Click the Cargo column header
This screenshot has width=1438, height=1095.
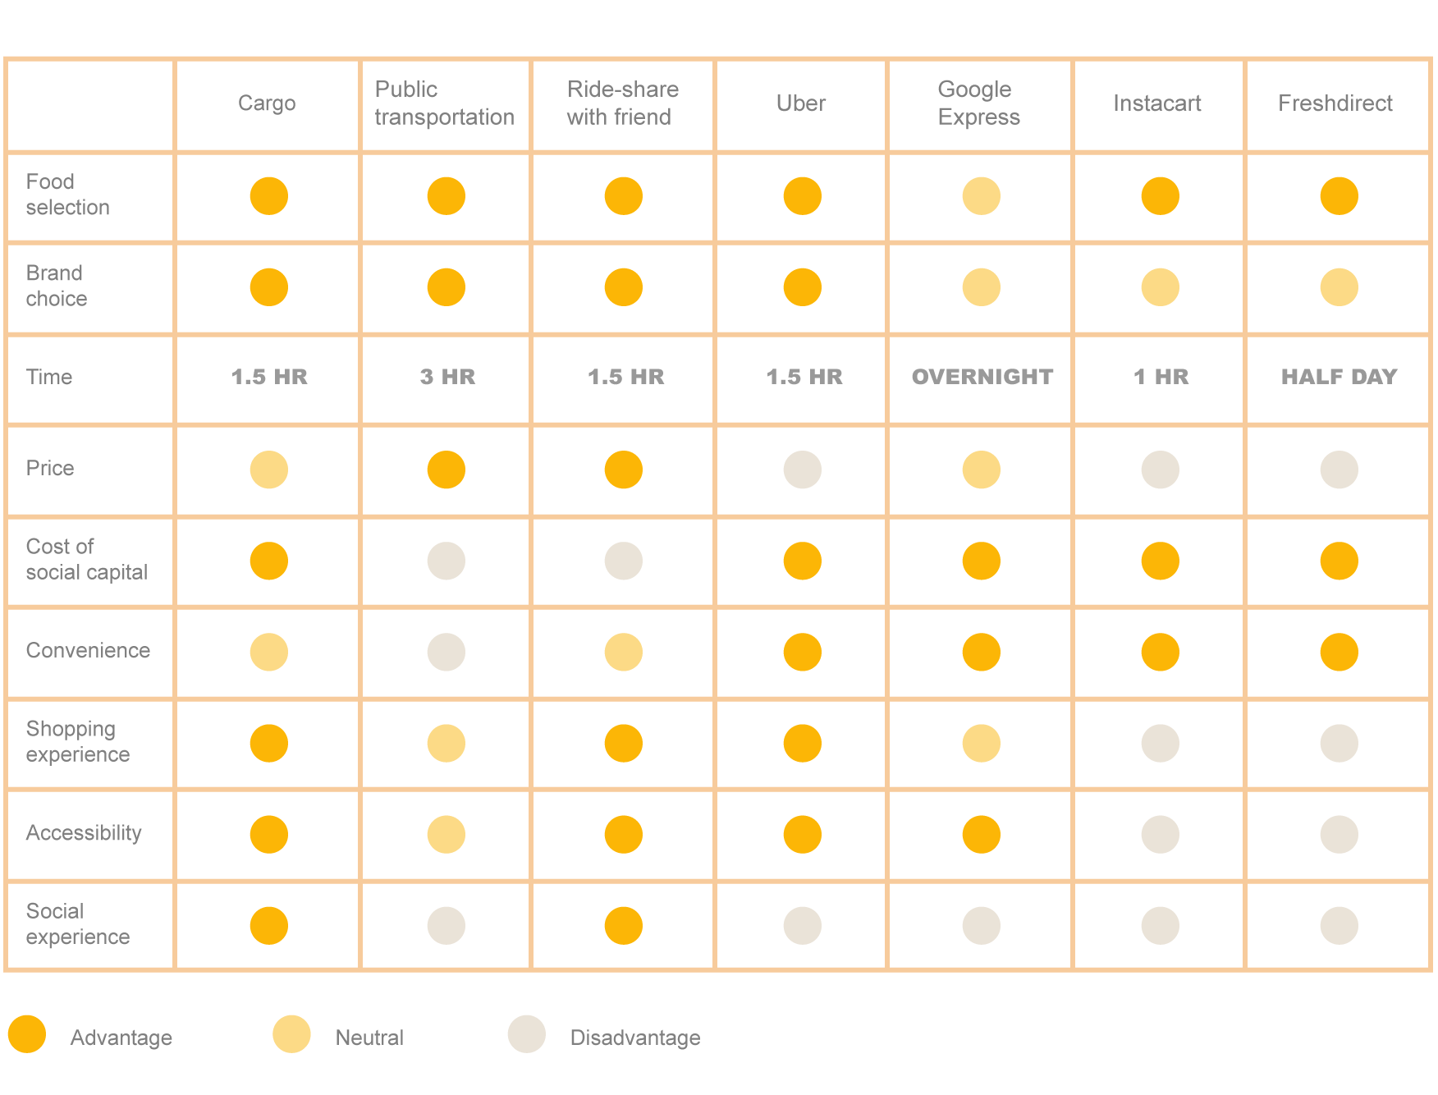[x=267, y=103]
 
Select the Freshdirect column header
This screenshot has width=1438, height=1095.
[x=1335, y=103]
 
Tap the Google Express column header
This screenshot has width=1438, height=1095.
[x=978, y=103]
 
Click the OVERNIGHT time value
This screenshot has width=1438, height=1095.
[x=982, y=377]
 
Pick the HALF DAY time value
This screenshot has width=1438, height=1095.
[x=1339, y=377]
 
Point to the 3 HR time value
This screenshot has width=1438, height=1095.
[x=447, y=377]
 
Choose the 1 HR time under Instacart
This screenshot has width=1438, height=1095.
[x=1161, y=377]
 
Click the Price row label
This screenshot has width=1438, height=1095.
[x=50, y=468]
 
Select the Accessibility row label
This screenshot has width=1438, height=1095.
[x=84, y=833]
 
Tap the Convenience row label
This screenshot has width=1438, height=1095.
[x=88, y=651]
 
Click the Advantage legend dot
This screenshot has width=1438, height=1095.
[x=27, y=1034]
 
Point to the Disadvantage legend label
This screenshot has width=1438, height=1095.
[x=634, y=1038]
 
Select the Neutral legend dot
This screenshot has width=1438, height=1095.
[x=291, y=1034]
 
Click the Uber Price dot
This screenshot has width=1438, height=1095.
[x=802, y=470]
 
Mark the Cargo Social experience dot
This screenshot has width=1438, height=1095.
[x=268, y=926]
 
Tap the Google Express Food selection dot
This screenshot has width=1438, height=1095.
[x=981, y=196]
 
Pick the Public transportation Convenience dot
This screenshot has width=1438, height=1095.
[x=446, y=653]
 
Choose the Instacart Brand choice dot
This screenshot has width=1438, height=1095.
[x=1160, y=287]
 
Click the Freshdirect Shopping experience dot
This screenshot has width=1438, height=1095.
[x=1339, y=744]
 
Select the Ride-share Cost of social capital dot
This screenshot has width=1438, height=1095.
[x=623, y=561]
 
